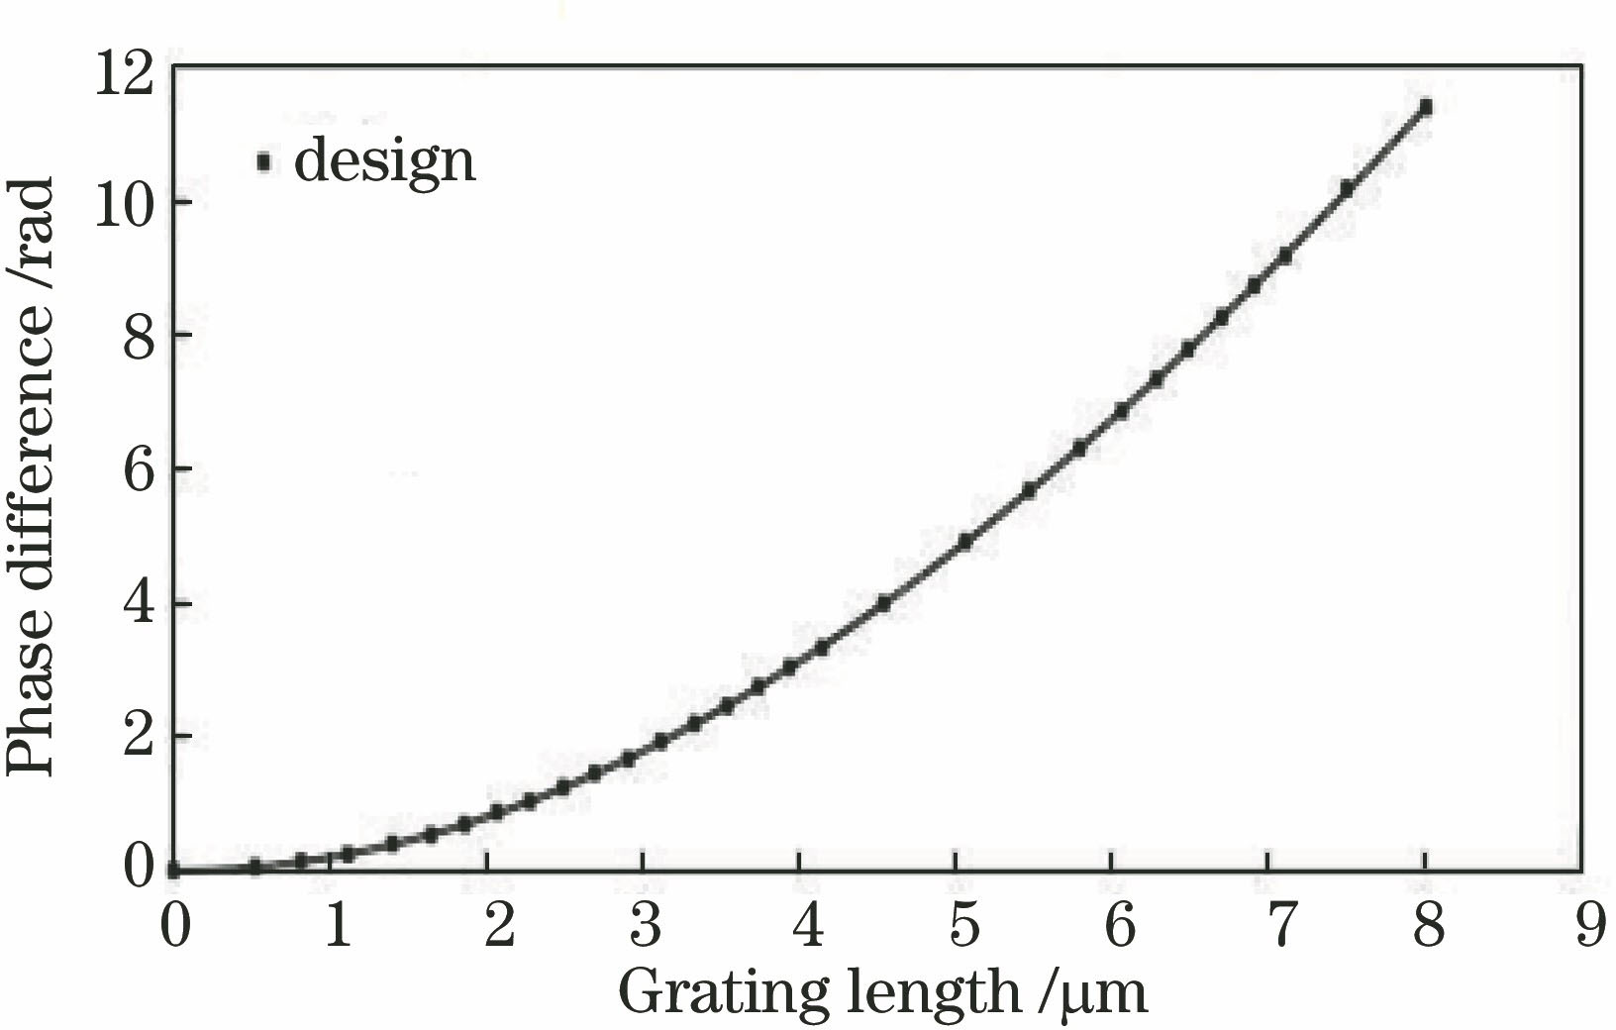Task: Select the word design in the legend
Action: [384, 160]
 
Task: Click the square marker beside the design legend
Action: [263, 162]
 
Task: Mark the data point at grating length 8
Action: [1425, 108]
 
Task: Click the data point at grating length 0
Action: [173, 870]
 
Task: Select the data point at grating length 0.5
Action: [254, 866]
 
